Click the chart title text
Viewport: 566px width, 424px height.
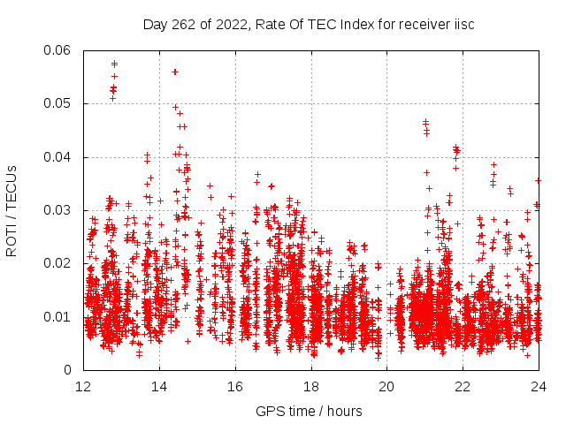click(x=309, y=24)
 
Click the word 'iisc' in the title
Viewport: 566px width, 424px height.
click(x=463, y=24)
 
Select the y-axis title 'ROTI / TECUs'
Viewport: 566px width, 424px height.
click(x=12, y=210)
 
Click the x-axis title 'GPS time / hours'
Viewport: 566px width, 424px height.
click(x=309, y=411)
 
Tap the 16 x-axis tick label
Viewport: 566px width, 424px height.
click(x=235, y=386)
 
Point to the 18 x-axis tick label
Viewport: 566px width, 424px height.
click(x=311, y=386)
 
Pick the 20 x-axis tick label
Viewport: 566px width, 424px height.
click(x=386, y=386)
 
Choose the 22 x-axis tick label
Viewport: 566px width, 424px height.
click(x=463, y=386)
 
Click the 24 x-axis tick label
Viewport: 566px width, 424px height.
click(x=538, y=386)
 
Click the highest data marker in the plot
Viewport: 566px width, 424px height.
click(x=114, y=64)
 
